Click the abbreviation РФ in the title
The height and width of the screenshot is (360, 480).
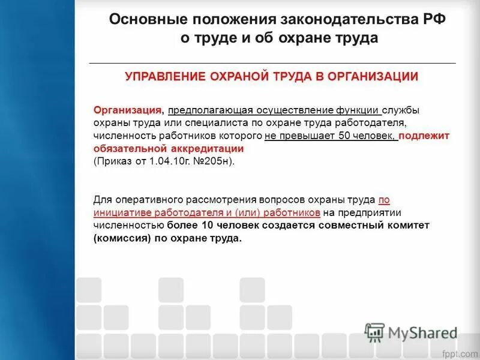coord(433,19)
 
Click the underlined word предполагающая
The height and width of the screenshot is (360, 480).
coord(211,110)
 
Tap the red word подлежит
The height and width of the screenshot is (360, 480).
coord(424,136)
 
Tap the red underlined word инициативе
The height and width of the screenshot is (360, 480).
coord(116,212)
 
